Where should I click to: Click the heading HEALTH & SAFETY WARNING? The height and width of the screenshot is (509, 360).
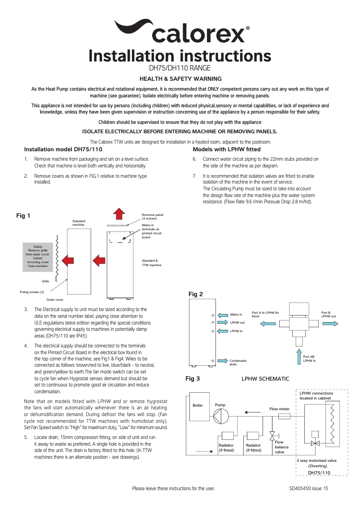(180, 79)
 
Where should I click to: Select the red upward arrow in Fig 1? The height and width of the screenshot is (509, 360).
(119, 214)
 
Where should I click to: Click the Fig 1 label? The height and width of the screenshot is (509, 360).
(23, 216)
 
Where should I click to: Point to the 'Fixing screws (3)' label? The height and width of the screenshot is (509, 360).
(32, 292)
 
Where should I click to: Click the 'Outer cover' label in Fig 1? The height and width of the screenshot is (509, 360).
(55, 299)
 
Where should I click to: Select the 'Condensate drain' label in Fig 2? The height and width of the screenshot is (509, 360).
(237, 362)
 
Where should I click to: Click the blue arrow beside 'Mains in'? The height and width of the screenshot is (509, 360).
(223, 315)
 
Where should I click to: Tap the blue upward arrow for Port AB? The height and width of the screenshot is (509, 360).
(299, 356)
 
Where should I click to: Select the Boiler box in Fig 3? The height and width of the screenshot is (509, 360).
(198, 405)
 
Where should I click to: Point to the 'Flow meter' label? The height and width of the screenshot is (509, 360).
(279, 409)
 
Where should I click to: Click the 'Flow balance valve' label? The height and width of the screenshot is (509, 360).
(281, 447)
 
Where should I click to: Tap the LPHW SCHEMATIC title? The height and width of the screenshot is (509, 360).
(265, 379)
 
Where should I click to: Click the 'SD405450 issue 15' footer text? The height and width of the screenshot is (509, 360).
(309, 488)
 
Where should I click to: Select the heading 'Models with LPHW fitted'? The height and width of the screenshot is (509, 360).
(226, 149)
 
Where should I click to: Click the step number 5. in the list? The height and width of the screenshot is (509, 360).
(26, 436)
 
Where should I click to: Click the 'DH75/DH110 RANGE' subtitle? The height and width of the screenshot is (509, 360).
(180, 69)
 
